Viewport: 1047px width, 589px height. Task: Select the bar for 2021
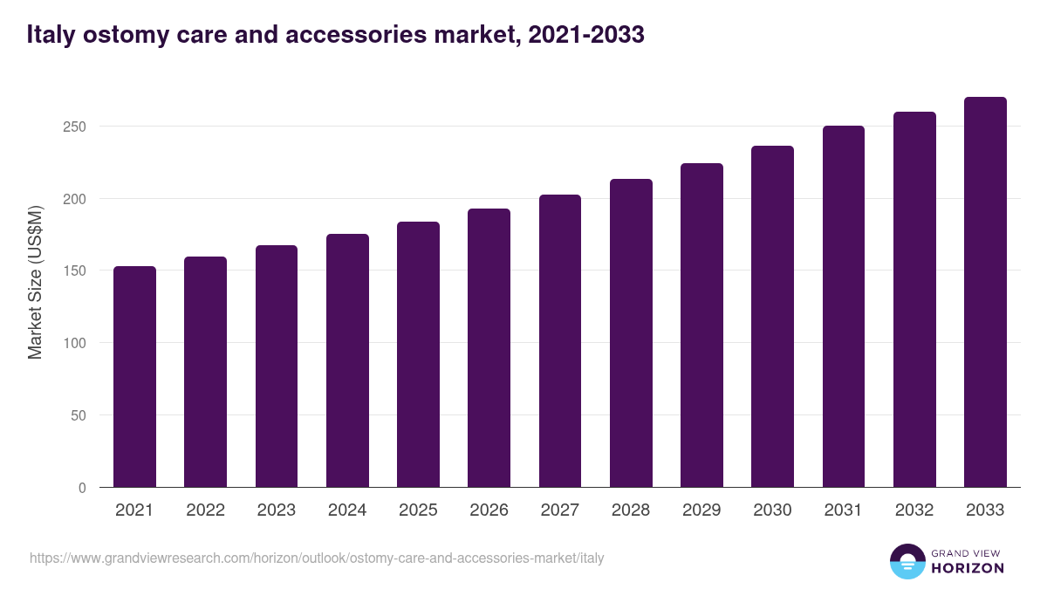tap(134, 377)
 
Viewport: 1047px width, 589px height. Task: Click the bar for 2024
tap(347, 360)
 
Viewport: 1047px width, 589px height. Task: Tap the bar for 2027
tap(559, 340)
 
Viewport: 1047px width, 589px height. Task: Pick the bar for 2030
tap(772, 317)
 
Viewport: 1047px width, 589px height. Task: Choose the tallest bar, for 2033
tap(985, 292)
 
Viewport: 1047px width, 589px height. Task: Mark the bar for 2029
tap(701, 325)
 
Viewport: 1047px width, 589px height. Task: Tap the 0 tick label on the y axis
tap(82, 488)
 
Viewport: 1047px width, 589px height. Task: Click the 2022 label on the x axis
tap(205, 510)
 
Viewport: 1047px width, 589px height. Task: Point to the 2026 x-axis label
tap(489, 510)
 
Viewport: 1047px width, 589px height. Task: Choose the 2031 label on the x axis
tap(843, 510)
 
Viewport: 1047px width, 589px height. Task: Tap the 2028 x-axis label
tap(630, 510)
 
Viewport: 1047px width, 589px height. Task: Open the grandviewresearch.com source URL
tap(317, 558)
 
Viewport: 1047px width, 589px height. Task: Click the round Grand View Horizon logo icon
tap(907, 561)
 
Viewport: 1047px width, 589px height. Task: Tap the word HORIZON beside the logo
tap(967, 568)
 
